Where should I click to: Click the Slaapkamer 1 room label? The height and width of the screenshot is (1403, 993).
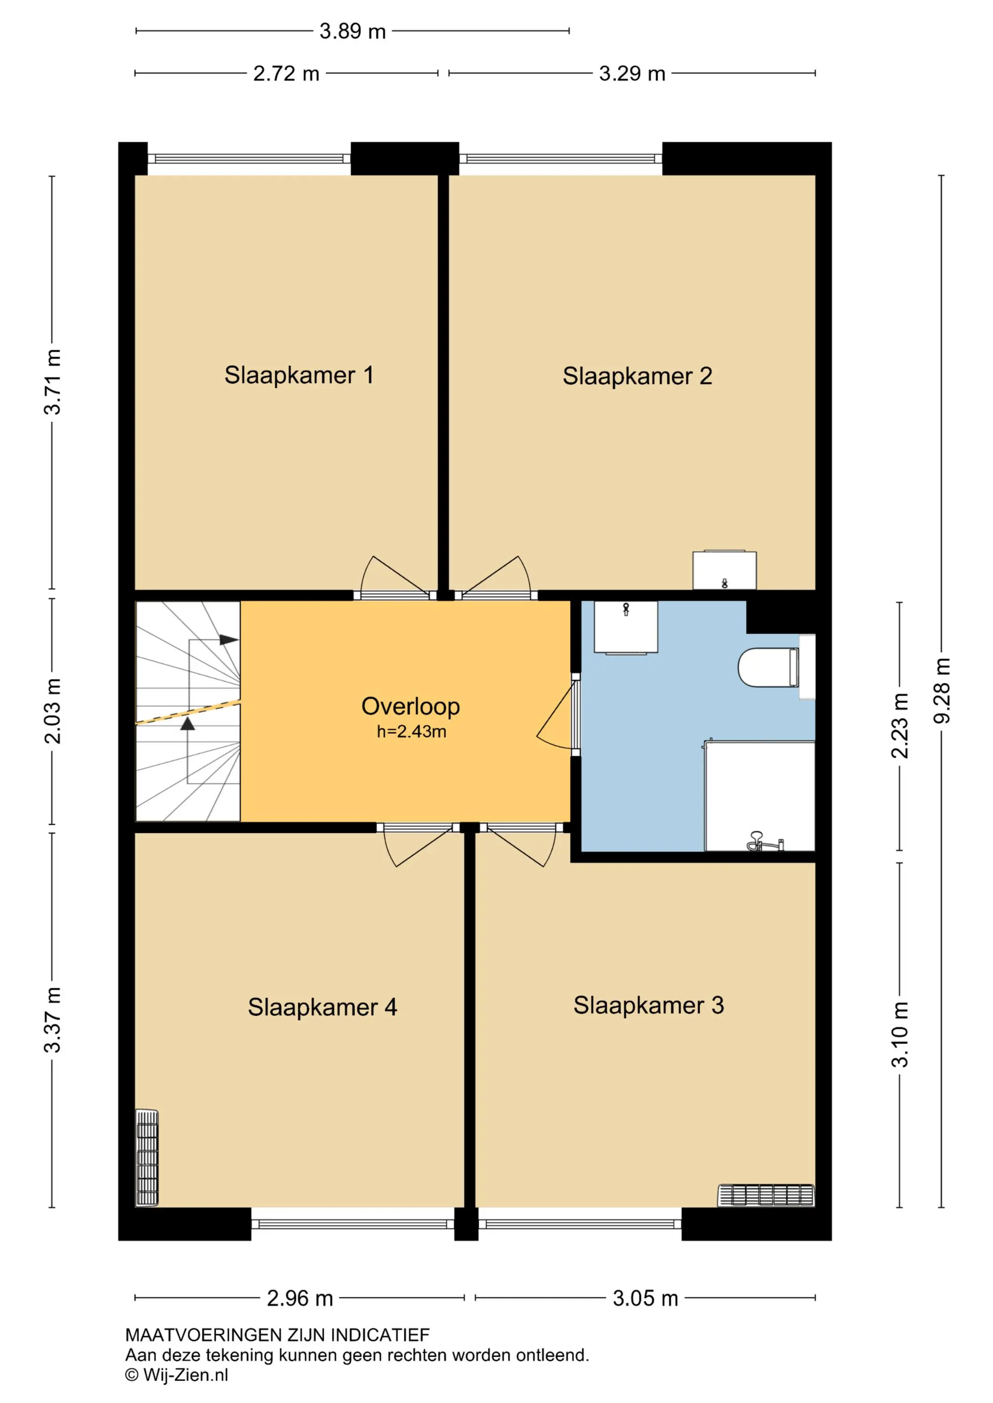pos(299,375)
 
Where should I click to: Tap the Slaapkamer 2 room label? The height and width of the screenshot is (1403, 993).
pos(637,376)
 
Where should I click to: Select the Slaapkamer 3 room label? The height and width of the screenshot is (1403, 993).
pos(648,1005)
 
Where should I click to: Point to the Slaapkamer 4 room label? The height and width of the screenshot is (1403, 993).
pos(322,1007)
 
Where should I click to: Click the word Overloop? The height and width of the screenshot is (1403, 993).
pos(410,706)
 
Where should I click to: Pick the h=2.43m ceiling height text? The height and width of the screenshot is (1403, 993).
pos(411,731)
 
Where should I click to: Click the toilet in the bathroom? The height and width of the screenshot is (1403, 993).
pos(768,667)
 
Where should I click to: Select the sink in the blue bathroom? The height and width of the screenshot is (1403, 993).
pos(626,628)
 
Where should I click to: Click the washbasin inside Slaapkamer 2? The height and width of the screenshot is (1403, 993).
pos(724,570)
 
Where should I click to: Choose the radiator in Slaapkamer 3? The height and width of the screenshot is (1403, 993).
pos(766,1196)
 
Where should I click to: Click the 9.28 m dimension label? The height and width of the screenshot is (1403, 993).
pos(942,691)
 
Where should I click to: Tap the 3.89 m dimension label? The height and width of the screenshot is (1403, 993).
pos(353,31)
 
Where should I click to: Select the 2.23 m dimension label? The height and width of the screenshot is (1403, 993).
pos(899,726)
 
